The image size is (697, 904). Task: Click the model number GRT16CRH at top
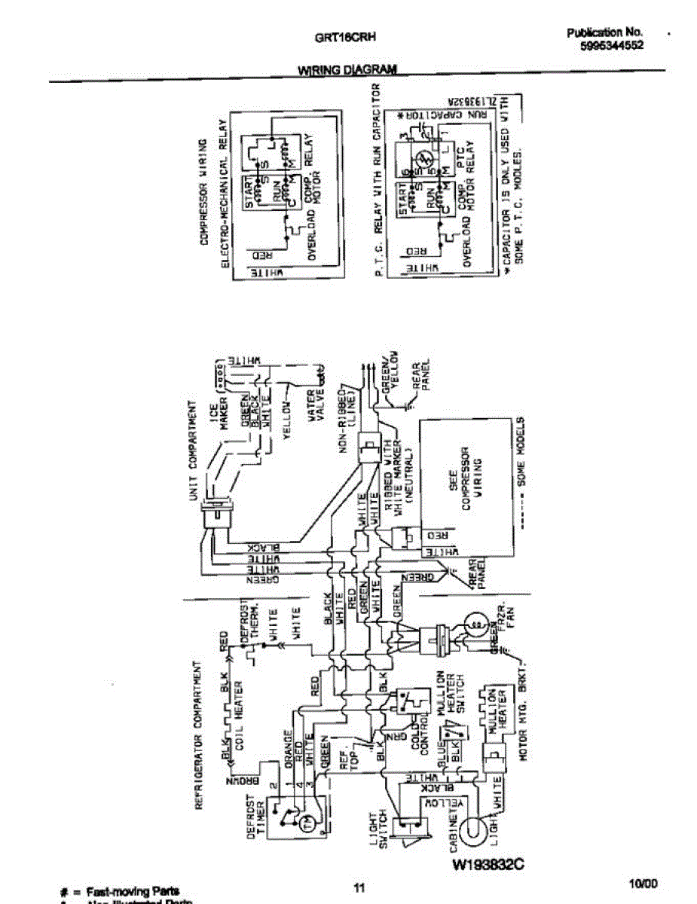point(346,36)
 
